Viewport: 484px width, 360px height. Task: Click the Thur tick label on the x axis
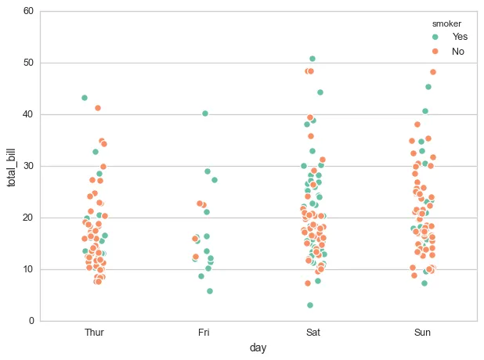coord(94,333)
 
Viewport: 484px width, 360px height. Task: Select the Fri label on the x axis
coord(204,333)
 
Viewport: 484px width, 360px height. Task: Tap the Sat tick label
coord(312,333)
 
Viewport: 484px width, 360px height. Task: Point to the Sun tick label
coord(422,333)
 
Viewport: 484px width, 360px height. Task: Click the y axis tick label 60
coord(28,11)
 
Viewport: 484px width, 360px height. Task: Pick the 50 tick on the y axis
coord(28,63)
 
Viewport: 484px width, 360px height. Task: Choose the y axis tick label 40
coord(28,114)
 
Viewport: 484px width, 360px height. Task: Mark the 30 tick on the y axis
coord(28,166)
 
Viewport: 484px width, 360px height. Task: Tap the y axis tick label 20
coord(28,218)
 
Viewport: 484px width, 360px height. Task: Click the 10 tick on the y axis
coord(28,269)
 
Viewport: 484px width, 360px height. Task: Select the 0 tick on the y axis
coord(31,321)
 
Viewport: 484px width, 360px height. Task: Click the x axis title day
coord(258,347)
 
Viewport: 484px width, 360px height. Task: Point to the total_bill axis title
coord(12,166)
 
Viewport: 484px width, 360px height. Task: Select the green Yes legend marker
coord(435,37)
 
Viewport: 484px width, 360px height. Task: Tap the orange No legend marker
coord(435,51)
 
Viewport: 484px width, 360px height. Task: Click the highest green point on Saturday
coord(312,59)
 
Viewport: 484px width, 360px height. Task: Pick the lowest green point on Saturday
coord(310,305)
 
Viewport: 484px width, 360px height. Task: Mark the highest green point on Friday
coord(205,113)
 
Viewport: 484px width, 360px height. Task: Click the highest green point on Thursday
coord(85,98)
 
